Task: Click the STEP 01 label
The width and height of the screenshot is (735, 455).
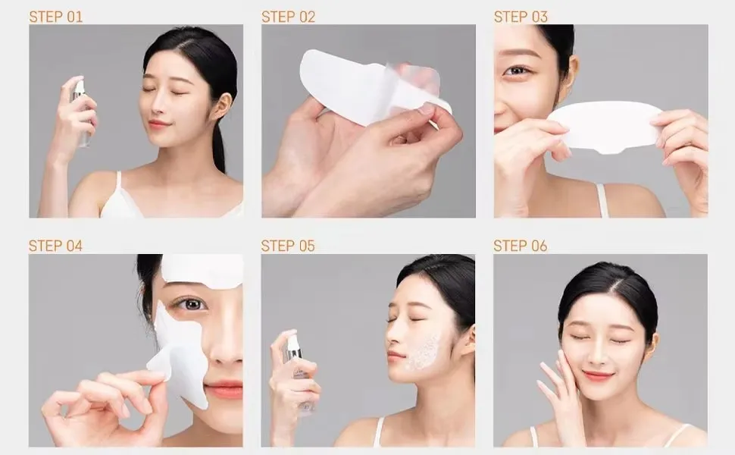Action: (55, 16)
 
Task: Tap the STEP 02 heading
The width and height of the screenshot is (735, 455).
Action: (288, 16)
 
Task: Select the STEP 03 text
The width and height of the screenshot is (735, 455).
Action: (521, 16)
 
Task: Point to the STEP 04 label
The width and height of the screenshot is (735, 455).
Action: (55, 246)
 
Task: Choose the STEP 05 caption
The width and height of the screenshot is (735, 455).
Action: (288, 246)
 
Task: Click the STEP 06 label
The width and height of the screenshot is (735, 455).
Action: (520, 246)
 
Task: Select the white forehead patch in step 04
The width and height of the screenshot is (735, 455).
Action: (201, 270)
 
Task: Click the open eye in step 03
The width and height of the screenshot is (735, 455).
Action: (518, 71)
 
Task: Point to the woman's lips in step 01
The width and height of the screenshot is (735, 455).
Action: (159, 124)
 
